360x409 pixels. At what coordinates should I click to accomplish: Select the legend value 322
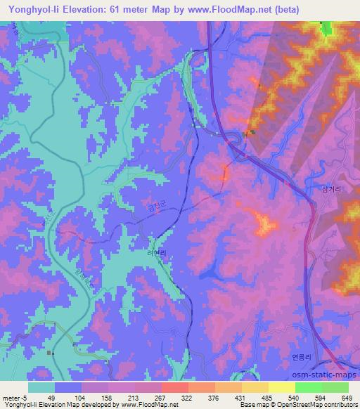click(x=187, y=398)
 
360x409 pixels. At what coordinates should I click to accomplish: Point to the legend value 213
click(x=133, y=398)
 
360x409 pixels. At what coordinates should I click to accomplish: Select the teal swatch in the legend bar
click(x=41, y=387)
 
